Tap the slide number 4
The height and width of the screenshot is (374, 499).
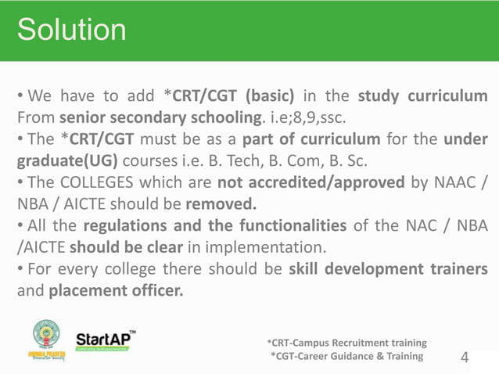[x=465, y=358]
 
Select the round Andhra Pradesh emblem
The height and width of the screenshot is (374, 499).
[x=46, y=336]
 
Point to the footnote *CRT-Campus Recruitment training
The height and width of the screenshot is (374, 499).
[x=346, y=343]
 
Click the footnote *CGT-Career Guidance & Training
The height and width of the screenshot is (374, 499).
[x=346, y=357]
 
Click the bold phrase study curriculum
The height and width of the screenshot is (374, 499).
[x=423, y=98]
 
